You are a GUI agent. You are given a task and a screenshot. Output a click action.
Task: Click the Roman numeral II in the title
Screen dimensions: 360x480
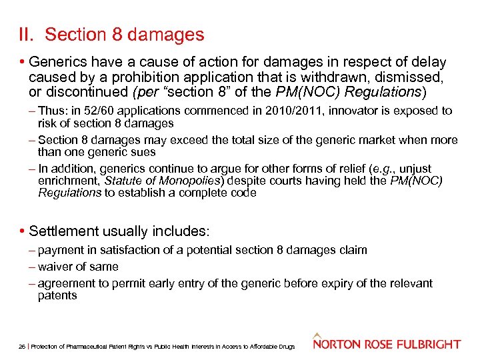[25, 34]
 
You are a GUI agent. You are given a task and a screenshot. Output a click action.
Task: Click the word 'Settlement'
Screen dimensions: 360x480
[63, 232]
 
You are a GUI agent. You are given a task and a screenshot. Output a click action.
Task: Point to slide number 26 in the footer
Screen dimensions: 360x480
[21, 347]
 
